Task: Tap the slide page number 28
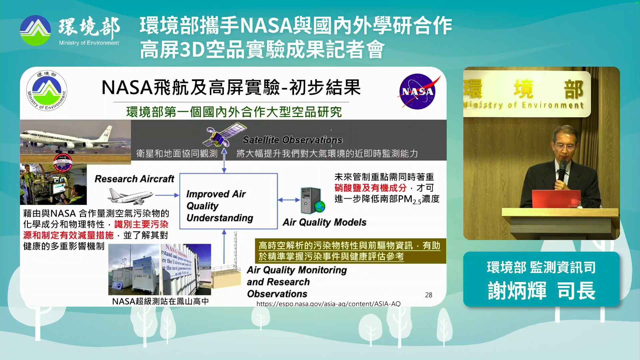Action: (428, 295)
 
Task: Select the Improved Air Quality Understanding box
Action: (228, 201)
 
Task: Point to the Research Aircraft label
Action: (134, 179)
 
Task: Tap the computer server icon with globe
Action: (312, 200)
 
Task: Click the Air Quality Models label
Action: (324, 222)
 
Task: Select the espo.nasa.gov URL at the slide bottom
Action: (328, 304)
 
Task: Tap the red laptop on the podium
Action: (556, 199)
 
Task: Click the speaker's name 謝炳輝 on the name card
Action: (517, 291)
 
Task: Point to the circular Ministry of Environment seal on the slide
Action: (47, 91)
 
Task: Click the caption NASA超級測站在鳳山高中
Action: (160, 301)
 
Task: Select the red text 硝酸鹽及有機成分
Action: (370, 188)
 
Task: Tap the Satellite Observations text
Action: (292, 140)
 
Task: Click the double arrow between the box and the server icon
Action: (289, 200)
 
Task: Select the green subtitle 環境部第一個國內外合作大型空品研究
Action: (234, 112)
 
